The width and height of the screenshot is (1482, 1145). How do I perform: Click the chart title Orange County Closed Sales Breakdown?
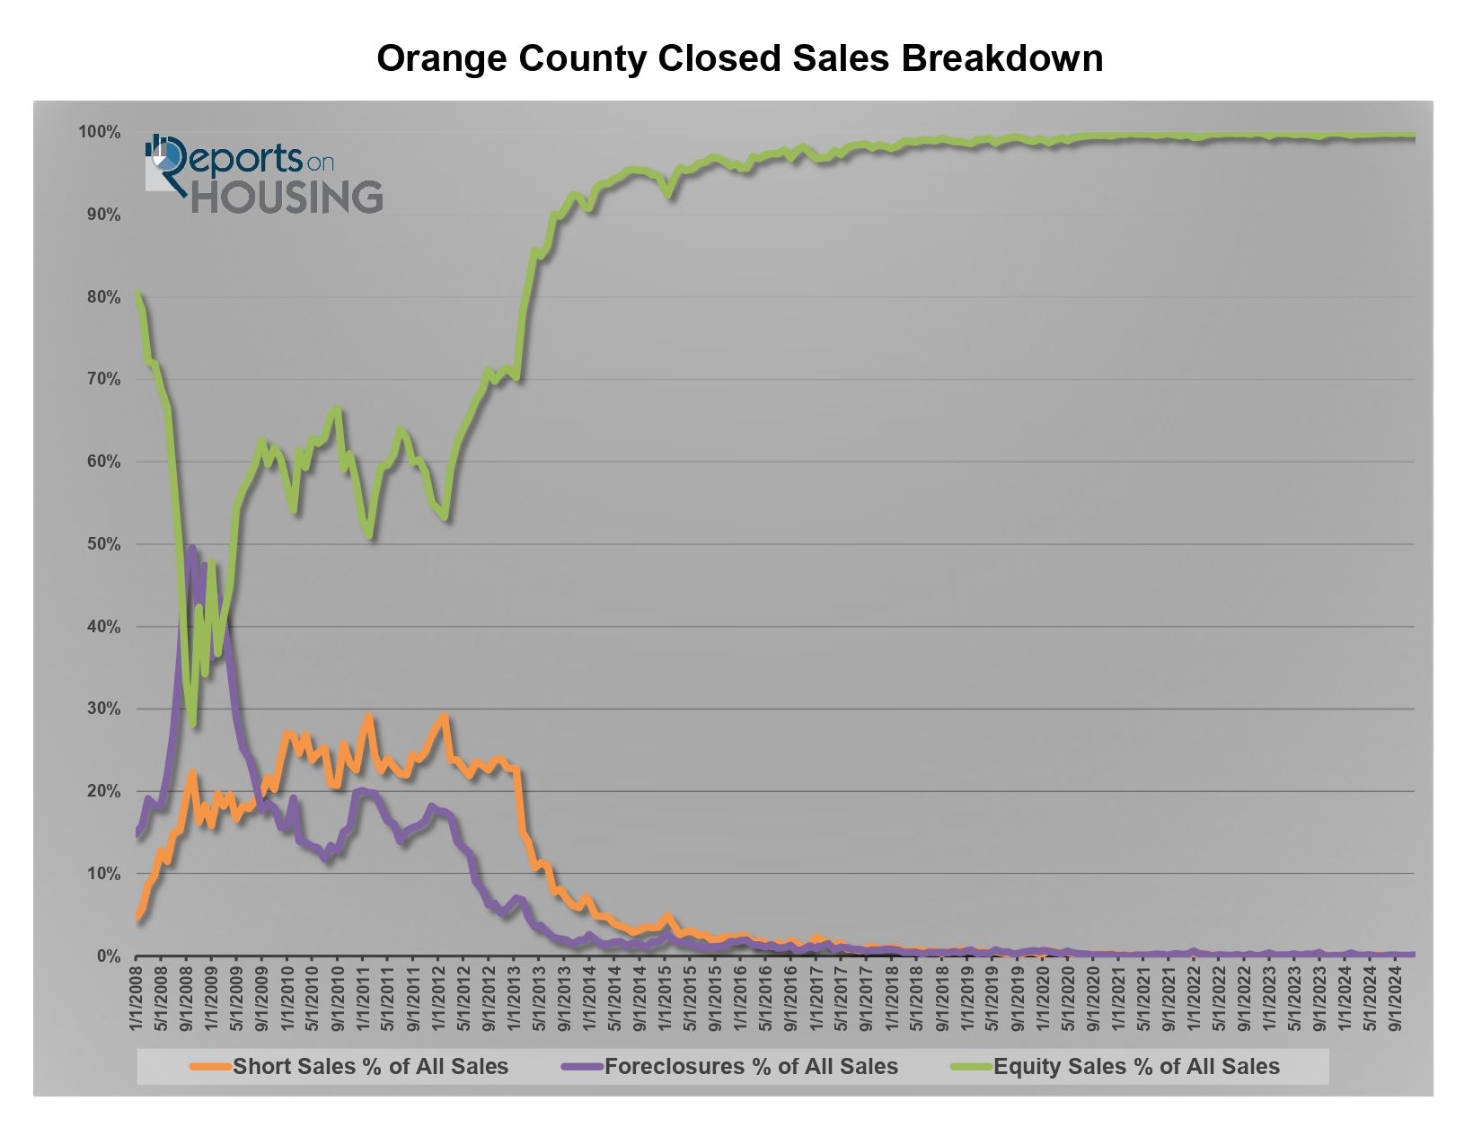739,59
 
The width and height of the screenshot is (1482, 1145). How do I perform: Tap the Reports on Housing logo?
264,175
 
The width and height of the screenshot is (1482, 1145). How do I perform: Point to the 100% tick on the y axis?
99,133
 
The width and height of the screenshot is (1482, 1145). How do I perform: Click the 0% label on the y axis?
109,956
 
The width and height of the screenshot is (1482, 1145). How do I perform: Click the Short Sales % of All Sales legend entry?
370,1067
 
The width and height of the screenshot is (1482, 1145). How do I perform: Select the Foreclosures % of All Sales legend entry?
751,1067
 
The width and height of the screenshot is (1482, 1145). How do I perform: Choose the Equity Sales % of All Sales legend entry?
1136,1067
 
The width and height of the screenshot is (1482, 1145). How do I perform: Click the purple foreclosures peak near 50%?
191,547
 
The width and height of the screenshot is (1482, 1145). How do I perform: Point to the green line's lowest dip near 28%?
192,723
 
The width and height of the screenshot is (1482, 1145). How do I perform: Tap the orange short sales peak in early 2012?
444,717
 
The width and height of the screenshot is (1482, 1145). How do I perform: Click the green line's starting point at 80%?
137,293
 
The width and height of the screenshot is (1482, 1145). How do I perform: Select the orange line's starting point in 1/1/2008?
137,918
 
